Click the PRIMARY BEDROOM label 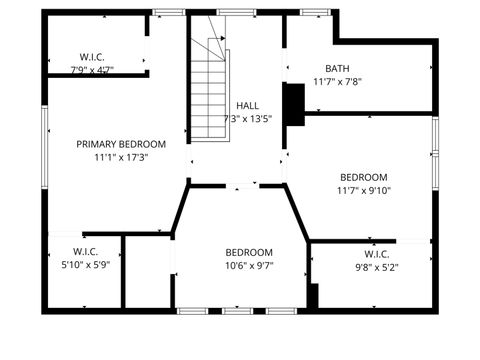121,144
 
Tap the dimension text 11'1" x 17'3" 121,157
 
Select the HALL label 247,105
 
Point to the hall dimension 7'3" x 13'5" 247,118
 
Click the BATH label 336,69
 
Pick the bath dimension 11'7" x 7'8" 336,82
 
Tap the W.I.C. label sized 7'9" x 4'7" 92,57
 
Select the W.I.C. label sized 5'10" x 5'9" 85,251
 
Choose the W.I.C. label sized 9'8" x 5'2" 376,254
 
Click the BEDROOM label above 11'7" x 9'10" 363,177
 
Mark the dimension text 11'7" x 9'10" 363,190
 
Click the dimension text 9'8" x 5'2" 376,267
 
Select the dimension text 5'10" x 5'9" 85,265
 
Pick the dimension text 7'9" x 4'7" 92,70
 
